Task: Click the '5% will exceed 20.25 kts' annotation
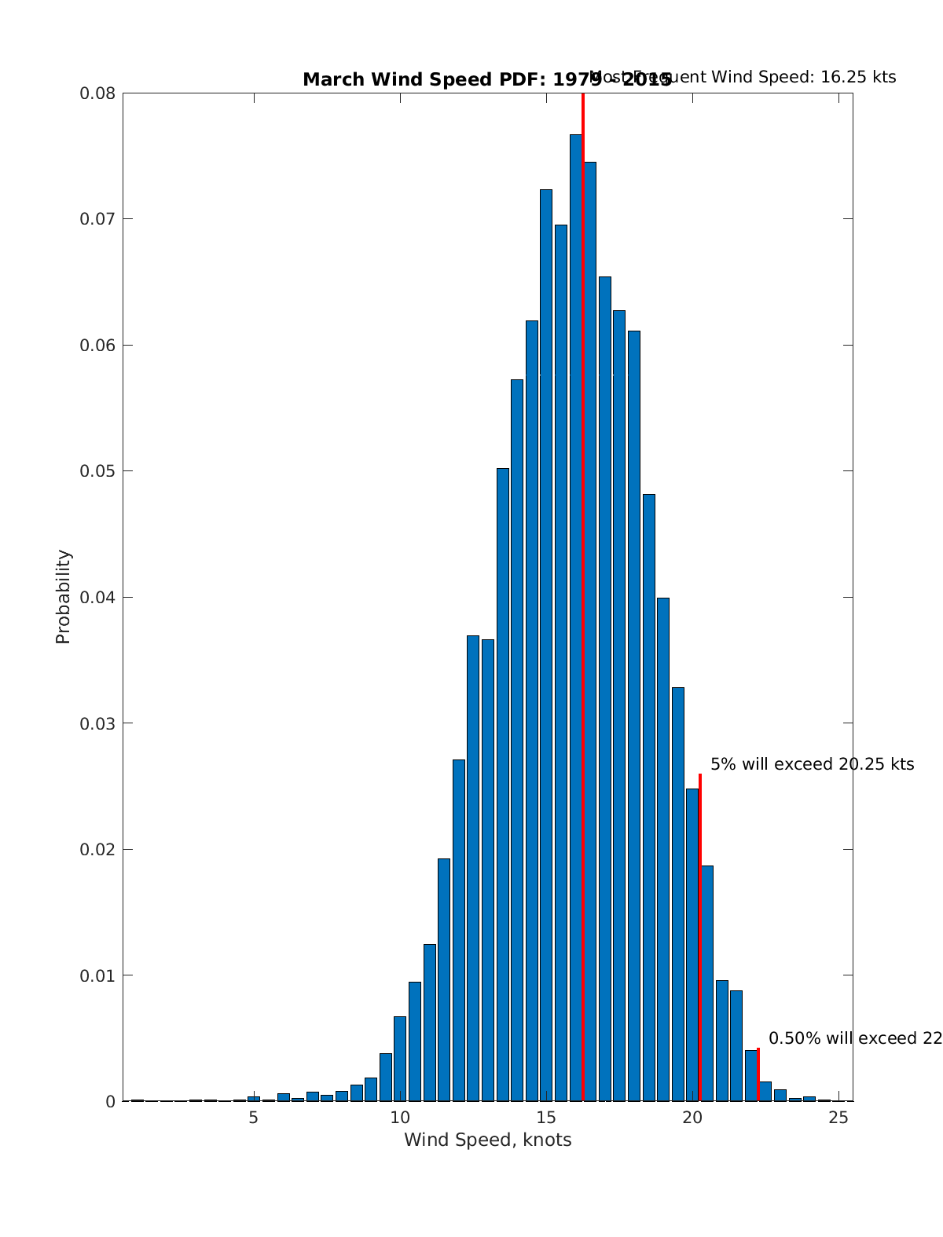812,764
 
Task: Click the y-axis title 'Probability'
64,596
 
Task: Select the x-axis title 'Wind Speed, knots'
487,1140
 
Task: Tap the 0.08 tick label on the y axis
97,93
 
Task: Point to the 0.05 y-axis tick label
97,471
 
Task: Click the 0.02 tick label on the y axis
97,850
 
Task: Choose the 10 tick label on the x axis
400,1118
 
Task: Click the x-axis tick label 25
838,1118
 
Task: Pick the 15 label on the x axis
546,1118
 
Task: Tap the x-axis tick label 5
253,1118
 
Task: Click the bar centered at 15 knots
546,644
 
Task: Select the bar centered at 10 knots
400,1060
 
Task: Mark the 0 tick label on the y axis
110,1102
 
